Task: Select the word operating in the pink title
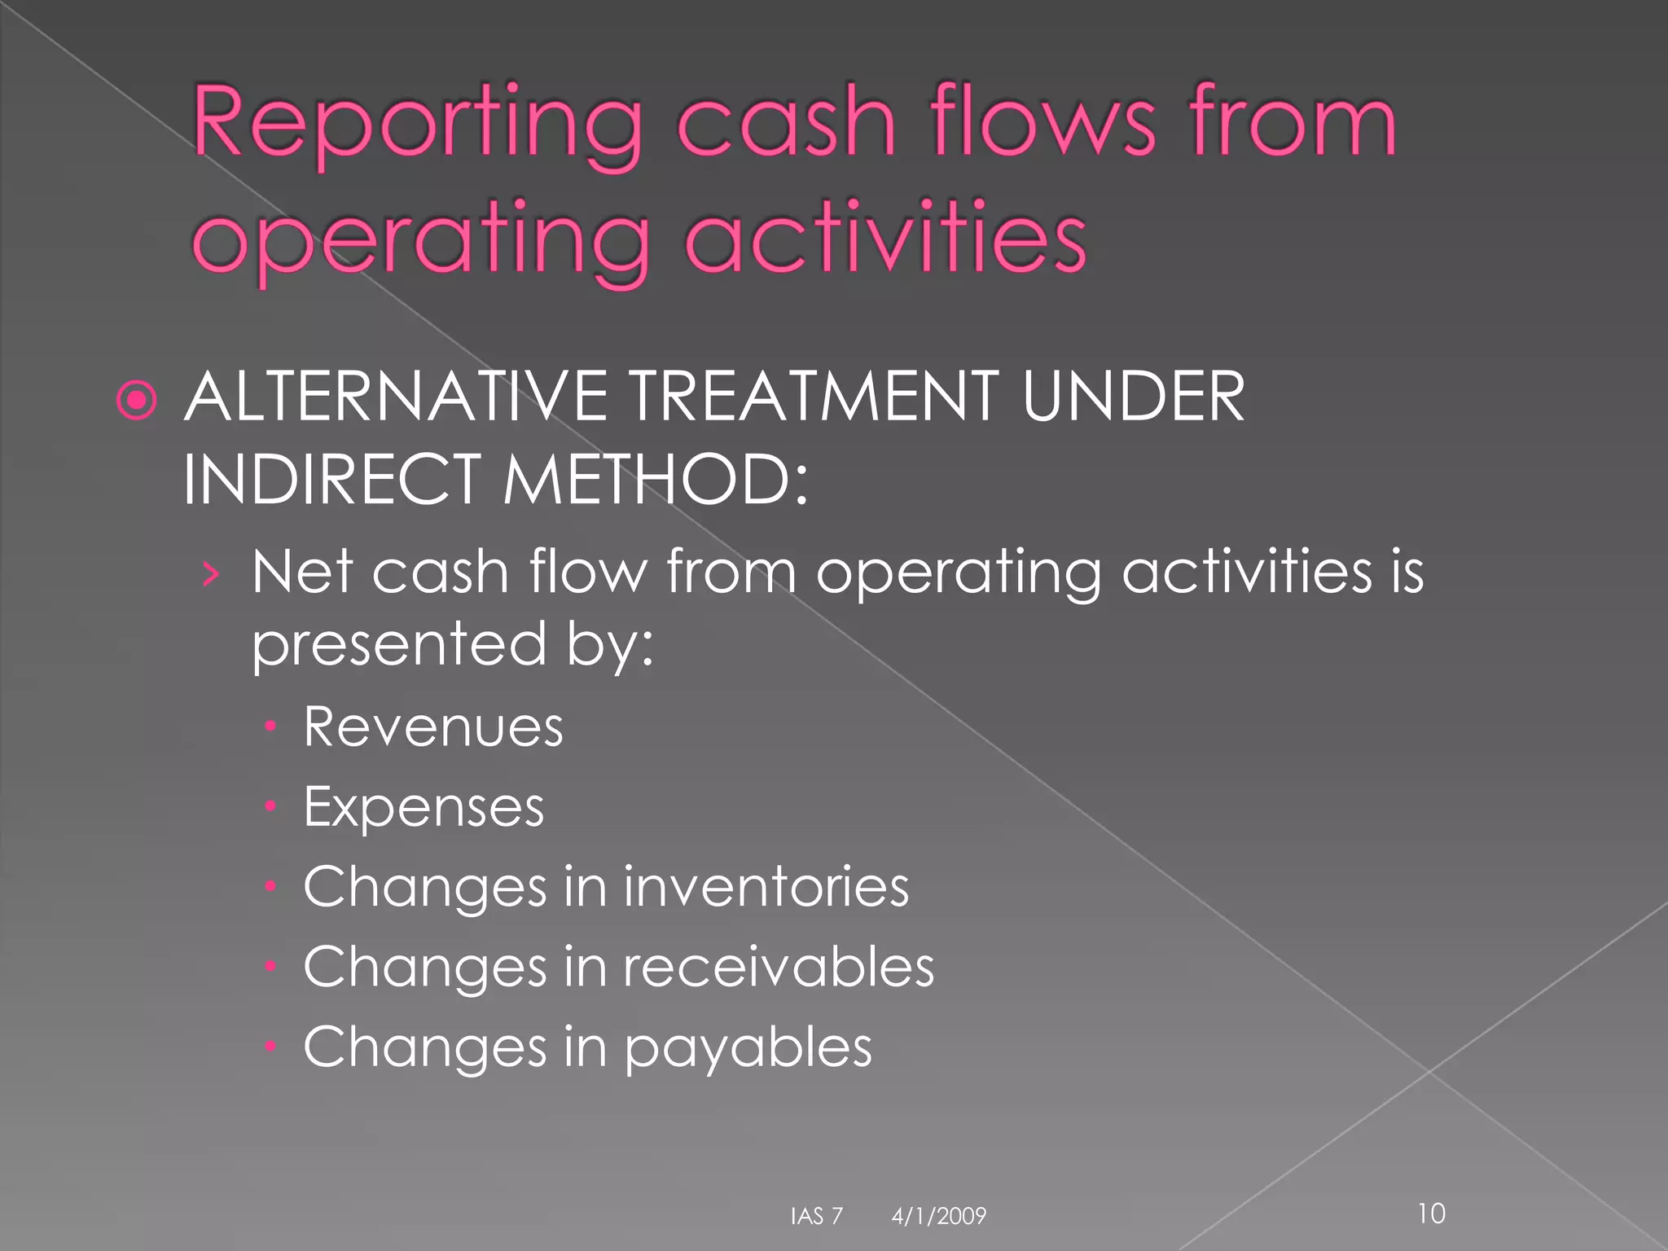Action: [x=420, y=238]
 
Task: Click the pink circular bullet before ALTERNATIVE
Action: [x=136, y=399]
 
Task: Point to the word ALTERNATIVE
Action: [x=396, y=397]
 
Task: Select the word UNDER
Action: [x=1133, y=397]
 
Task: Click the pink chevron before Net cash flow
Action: [x=211, y=574]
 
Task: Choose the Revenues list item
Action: [x=432, y=726]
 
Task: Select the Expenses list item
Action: [x=424, y=808]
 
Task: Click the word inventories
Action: [x=766, y=886]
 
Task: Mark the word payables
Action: [x=748, y=1047]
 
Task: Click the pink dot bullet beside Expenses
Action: [x=271, y=806]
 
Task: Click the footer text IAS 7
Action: [x=816, y=1216]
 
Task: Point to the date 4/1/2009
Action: [x=938, y=1216]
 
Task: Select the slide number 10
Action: [x=1431, y=1214]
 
